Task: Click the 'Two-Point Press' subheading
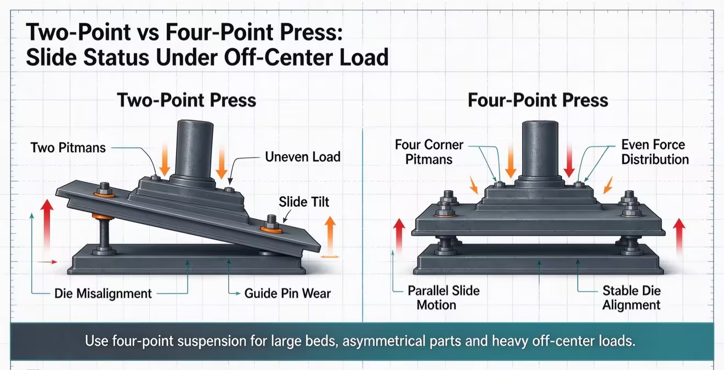click(186, 100)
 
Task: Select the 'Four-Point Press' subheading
click(538, 100)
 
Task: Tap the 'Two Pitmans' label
click(68, 147)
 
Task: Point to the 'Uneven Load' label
click(303, 157)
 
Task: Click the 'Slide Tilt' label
click(304, 202)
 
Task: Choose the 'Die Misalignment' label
click(103, 293)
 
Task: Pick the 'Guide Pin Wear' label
click(287, 293)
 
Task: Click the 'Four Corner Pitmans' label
click(429, 152)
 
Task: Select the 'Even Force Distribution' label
click(655, 152)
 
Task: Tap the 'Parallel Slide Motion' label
click(443, 298)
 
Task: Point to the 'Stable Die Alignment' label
click(631, 298)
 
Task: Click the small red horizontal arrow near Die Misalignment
click(48, 262)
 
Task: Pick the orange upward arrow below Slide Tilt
click(330, 236)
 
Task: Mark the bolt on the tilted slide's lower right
click(271, 224)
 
